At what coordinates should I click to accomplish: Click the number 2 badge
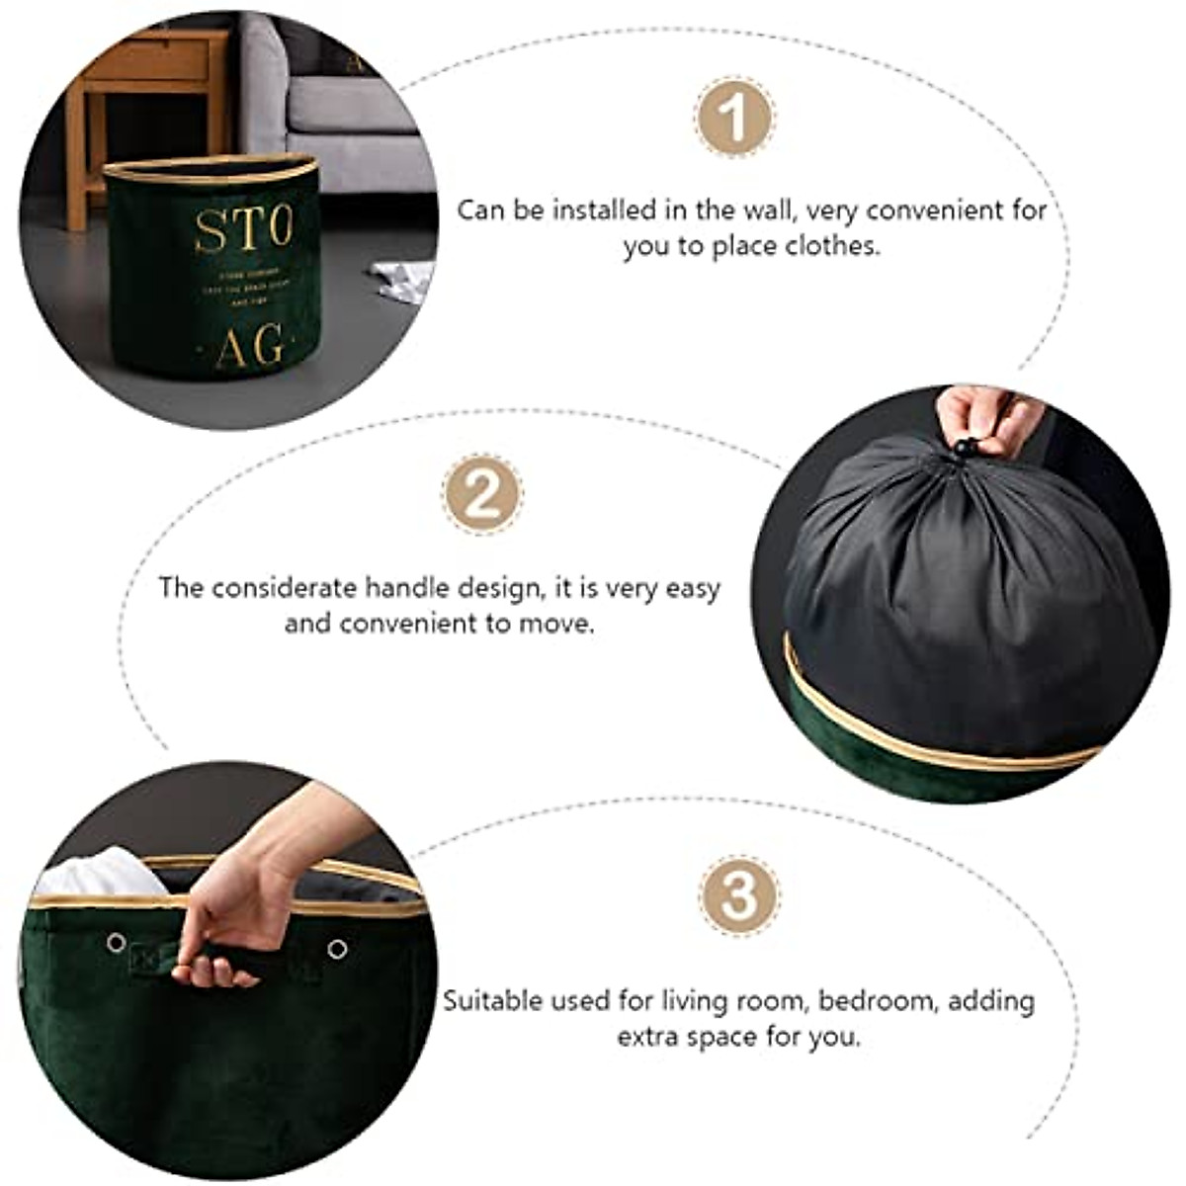click(482, 494)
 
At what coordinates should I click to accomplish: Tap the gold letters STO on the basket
click(243, 230)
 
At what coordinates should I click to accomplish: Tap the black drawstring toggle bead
click(964, 450)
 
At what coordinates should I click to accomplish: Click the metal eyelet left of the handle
click(117, 942)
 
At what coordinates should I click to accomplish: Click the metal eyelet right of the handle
click(337, 950)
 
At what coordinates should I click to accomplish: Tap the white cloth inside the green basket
click(99, 875)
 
